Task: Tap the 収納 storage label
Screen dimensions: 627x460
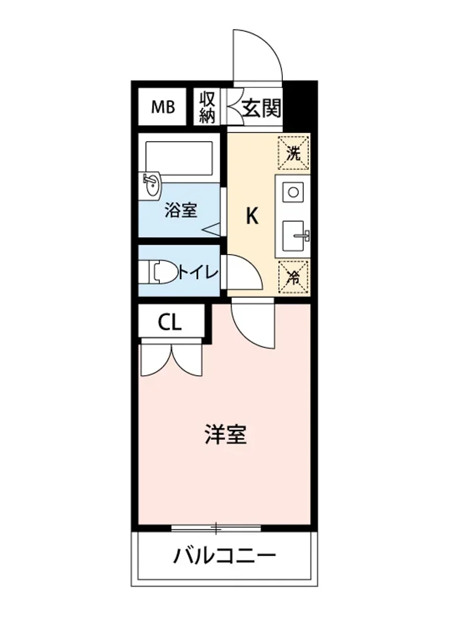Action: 207,107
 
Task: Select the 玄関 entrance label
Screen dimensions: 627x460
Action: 261,108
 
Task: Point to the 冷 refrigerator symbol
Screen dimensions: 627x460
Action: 294,277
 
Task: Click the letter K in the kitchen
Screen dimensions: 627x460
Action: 252,216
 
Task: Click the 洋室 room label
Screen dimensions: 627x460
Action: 225,435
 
